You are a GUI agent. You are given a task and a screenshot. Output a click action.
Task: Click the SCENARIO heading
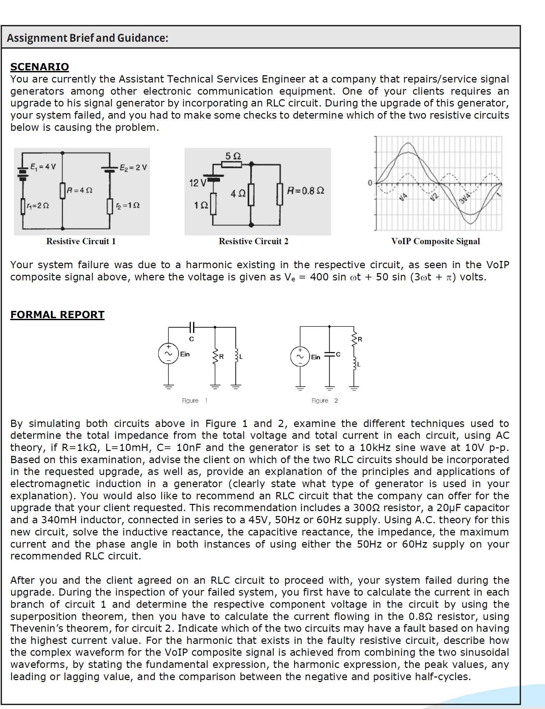click(39, 67)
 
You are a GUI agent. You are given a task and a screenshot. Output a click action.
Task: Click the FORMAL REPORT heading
click(57, 315)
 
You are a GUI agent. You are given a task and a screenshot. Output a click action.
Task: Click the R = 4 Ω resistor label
click(80, 190)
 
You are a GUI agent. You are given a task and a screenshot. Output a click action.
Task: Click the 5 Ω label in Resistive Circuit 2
click(233, 156)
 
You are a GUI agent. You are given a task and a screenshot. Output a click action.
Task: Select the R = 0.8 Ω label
click(306, 191)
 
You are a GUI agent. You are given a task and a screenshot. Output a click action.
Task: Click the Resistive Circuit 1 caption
click(81, 241)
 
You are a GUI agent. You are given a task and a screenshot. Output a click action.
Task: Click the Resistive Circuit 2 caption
click(253, 241)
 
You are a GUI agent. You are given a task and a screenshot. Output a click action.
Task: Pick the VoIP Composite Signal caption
click(435, 241)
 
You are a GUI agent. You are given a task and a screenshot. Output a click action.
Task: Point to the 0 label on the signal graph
click(370, 183)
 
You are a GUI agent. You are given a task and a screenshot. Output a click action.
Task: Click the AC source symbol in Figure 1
click(168, 354)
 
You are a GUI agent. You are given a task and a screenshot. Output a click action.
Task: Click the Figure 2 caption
click(325, 400)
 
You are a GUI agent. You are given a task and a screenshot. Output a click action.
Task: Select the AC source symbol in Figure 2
click(300, 357)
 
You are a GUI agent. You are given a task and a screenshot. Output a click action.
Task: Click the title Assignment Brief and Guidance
click(87, 38)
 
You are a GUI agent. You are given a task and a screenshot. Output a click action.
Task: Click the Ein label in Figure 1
click(185, 354)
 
